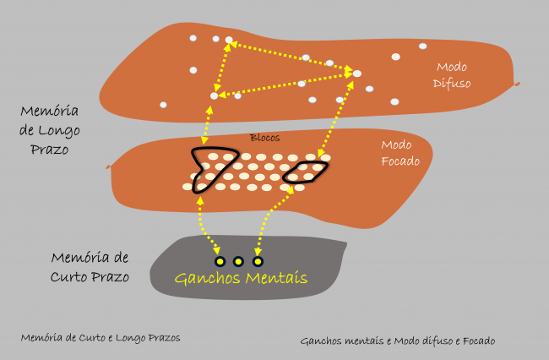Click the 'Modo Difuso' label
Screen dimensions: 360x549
453,74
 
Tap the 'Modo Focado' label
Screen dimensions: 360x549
400,153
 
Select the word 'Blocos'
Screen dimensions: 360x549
264,137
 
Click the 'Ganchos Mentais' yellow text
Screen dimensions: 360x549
241,278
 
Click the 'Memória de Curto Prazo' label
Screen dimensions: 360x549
90,267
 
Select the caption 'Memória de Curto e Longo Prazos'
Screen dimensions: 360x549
101,337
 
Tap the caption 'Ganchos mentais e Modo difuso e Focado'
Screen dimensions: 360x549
397,341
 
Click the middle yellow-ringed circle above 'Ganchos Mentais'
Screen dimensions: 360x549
238,261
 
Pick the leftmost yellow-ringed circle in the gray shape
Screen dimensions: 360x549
219,261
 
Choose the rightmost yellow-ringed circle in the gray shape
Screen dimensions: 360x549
258,261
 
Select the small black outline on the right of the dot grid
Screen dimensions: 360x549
306,172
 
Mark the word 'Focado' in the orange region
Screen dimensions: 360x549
400,161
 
